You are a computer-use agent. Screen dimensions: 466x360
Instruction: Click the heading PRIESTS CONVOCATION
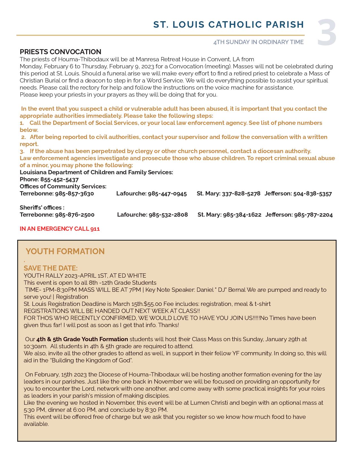(x=60, y=52)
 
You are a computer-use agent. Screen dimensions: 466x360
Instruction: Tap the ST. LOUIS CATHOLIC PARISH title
(x=228, y=25)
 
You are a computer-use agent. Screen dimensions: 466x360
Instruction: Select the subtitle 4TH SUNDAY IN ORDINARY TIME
(x=258, y=42)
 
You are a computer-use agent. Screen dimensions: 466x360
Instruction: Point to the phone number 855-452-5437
(x=59, y=180)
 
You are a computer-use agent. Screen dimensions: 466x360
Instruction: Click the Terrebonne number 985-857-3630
(x=74, y=194)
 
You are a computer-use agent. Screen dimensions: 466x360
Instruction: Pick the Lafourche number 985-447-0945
(x=167, y=194)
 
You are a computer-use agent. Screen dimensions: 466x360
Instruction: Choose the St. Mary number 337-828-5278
(x=241, y=194)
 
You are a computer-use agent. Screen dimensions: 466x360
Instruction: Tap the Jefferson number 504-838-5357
(x=312, y=194)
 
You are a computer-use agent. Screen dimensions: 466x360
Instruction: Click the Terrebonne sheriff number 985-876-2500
(x=75, y=215)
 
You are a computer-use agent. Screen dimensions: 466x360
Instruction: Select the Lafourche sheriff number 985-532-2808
(x=168, y=215)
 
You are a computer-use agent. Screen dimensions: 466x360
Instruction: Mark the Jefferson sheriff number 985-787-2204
(x=313, y=215)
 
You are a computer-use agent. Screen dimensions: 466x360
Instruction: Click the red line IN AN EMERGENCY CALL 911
(x=60, y=229)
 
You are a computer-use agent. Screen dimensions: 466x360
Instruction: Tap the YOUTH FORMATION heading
(x=65, y=251)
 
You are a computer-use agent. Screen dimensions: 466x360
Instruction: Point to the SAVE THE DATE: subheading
(x=51, y=268)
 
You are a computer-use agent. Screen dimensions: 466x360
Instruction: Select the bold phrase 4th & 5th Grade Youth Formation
(x=82, y=339)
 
